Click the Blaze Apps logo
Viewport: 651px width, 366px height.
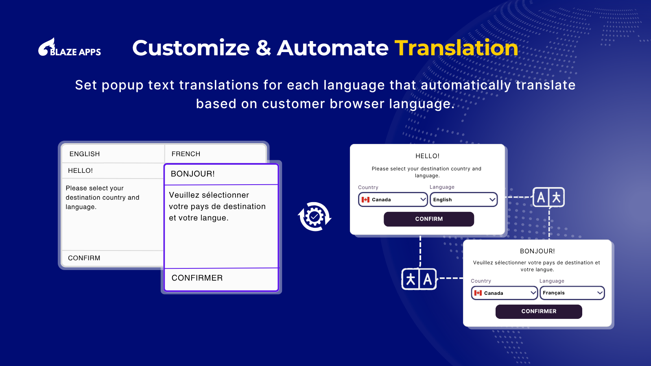point(70,47)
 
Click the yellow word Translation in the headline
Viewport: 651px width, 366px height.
point(456,48)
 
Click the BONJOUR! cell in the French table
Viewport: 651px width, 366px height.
point(221,174)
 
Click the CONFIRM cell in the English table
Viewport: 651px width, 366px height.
point(113,258)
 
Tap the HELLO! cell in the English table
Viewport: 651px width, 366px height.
point(113,170)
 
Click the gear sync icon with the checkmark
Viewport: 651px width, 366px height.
point(315,217)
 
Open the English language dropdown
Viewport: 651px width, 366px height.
point(463,200)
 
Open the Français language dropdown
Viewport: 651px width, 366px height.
point(572,293)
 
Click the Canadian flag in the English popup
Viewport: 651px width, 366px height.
point(365,200)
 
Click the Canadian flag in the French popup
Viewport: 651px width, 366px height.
point(478,293)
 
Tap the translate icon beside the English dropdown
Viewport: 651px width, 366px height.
point(548,197)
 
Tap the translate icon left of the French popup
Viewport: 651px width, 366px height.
point(419,279)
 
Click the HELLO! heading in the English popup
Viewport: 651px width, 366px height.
point(427,156)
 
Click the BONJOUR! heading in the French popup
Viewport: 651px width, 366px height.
point(537,251)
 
